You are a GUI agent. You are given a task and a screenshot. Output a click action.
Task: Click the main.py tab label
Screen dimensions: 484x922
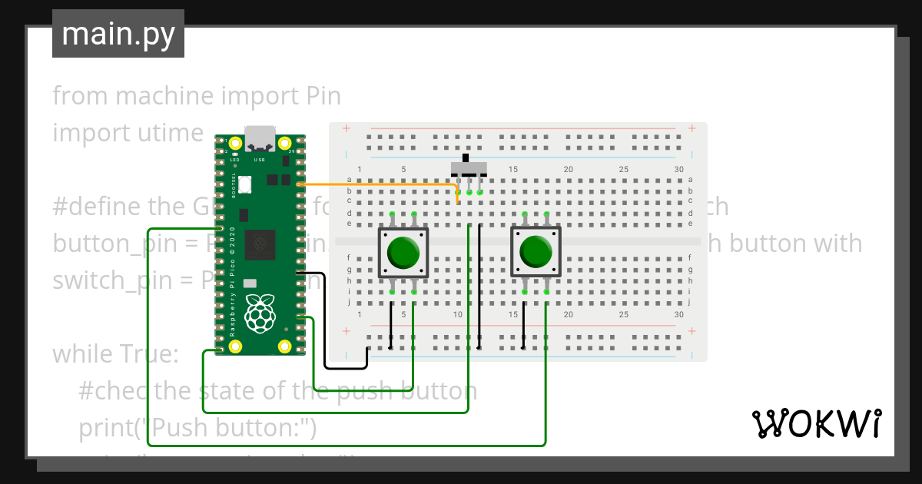point(118,34)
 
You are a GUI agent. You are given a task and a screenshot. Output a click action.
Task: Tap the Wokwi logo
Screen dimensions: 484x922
point(815,423)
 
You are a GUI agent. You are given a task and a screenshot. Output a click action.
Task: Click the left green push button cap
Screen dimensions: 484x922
point(403,252)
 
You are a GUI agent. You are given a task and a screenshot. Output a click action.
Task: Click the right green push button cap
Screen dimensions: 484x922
point(536,252)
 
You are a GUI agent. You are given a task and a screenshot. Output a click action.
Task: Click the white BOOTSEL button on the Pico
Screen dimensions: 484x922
point(245,184)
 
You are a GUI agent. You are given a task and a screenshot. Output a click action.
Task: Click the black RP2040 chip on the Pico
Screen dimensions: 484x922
point(260,244)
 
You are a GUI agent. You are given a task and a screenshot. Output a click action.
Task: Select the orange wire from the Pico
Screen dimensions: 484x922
point(376,184)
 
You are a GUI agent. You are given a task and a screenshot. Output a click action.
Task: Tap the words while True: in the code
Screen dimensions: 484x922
point(115,354)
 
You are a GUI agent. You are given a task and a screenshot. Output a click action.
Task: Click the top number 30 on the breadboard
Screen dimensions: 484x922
point(678,169)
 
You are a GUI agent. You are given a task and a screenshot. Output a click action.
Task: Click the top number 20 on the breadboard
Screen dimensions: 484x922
point(568,169)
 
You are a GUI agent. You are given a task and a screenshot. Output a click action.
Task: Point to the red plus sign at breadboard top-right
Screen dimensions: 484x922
point(692,128)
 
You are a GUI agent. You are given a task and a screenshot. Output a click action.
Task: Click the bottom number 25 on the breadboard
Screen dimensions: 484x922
point(623,315)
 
